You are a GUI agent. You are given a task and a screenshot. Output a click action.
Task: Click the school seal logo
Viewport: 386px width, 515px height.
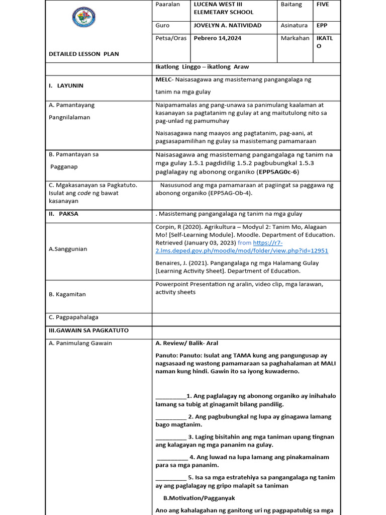84,18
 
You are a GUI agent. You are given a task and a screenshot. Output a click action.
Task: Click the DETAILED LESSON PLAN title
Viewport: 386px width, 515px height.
83,54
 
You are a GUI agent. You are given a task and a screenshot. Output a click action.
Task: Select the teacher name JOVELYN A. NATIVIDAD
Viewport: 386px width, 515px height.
227,25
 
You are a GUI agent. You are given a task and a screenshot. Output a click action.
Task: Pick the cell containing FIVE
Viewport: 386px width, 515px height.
323,4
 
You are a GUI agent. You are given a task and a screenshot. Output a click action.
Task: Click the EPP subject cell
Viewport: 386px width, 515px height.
322,25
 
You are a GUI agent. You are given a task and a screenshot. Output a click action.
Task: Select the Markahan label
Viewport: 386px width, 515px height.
295,38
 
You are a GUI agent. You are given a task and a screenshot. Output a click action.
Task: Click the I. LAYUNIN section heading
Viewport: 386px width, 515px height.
66,85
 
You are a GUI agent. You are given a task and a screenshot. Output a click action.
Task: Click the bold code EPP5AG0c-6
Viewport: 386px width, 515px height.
277,171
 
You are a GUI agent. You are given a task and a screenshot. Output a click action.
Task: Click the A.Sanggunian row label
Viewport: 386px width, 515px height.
68,249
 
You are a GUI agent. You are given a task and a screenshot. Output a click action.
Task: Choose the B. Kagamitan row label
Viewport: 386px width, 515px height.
67,294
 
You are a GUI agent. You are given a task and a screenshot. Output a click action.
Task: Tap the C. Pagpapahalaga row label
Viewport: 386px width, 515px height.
73,317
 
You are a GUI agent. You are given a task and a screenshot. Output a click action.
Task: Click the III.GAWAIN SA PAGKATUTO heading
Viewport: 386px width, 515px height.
88,330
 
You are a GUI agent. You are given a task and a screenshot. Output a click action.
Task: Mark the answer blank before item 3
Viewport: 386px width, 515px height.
170,437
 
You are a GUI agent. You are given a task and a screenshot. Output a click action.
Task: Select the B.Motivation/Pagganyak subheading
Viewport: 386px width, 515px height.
199,498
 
